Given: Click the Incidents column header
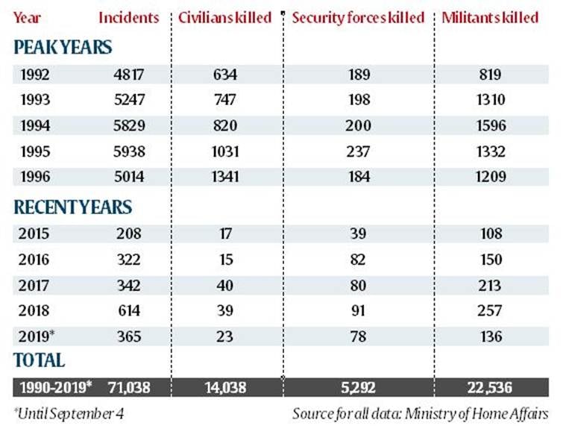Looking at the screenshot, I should click(128, 17).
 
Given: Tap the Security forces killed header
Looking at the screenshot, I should click(358, 17).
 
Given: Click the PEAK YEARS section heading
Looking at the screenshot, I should click(63, 47).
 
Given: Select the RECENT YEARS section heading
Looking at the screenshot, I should click(72, 207).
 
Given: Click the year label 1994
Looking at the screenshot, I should click(37, 125).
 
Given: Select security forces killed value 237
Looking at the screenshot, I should click(358, 151).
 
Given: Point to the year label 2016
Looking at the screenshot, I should click(37, 259).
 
